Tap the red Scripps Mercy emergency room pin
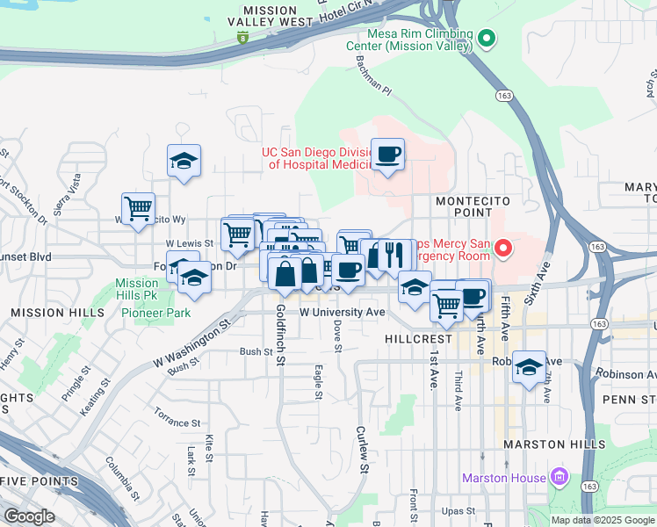(x=503, y=249)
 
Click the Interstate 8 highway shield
(x=243, y=37)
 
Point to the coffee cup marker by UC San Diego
(x=387, y=155)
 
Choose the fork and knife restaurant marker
(x=393, y=255)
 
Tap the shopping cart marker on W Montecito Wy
(x=138, y=209)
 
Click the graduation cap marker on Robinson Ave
(x=529, y=366)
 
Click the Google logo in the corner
(x=29, y=516)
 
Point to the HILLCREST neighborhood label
(x=418, y=338)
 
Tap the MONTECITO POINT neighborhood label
(x=473, y=206)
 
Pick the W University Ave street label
(x=343, y=312)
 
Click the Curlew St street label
(x=362, y=450)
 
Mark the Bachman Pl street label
(x=372, y=81)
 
